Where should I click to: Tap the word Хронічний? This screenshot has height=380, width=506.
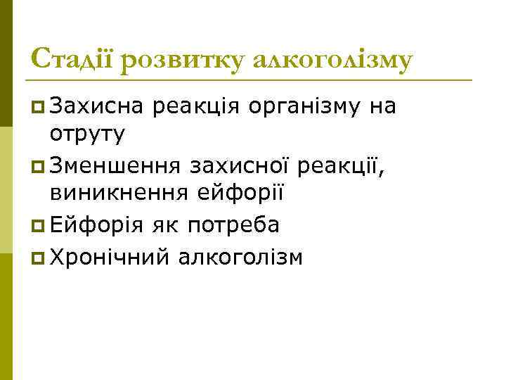110,258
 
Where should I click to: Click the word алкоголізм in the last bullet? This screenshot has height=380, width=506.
240,258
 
